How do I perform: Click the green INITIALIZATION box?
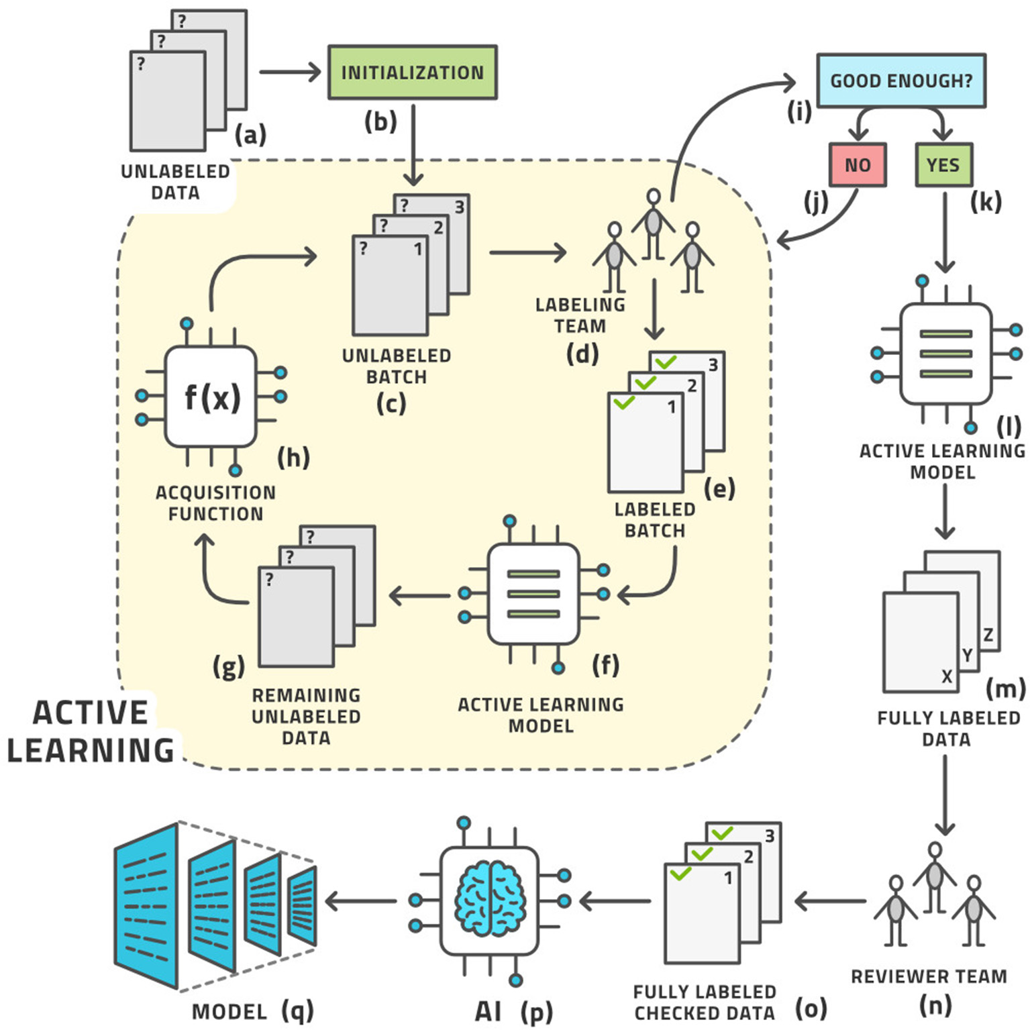(x=412, y=72)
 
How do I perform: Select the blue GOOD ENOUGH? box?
(x=900, y=81)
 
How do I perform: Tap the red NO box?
(x=858, y=164)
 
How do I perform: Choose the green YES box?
(x=943, y=164)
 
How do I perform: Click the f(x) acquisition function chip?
(x=211, y=397)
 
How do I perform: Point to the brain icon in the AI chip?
(x=489, y=899)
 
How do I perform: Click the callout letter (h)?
(x=293, y=458)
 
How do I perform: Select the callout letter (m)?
(x=1005, y=688)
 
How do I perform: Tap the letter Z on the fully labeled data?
(x=988, y=635)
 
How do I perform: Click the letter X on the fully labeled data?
(x=947, y=676)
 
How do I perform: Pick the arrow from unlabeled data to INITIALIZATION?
(x=291, y=72)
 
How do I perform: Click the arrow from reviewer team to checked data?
(x=829, y=900)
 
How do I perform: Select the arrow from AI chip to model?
(x=360, y=900)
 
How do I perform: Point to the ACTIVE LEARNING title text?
(x=90, y=731)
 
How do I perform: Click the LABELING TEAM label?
(x=580, y=315)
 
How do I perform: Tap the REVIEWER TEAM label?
(x=929, y=976)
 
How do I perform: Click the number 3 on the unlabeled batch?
(x=459, y=207)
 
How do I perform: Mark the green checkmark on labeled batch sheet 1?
(x=624, y=403)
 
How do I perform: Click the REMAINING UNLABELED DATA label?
(x=306, y=717)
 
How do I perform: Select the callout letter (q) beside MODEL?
(x=297, y=1011)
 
